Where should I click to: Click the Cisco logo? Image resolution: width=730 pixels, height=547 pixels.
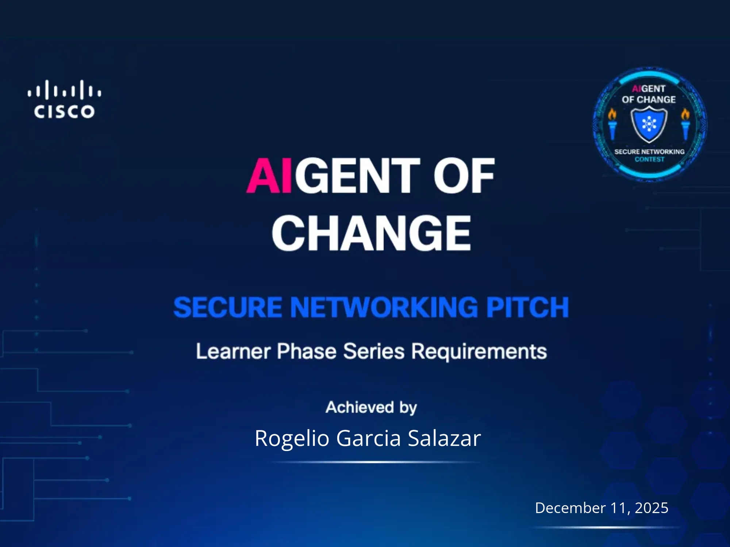(65, 99)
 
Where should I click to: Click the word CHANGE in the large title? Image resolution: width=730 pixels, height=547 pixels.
(371, 233)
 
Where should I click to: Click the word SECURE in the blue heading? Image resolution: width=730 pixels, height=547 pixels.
(228, 307)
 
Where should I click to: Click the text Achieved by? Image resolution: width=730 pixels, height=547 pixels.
(371, 407)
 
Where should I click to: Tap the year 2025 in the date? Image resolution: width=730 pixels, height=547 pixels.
(652, 508)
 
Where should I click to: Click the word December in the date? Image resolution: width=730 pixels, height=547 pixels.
(570, 508)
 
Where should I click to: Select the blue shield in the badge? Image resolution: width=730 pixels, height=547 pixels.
(649, 125)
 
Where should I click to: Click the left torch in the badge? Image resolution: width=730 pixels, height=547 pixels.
(612, 124)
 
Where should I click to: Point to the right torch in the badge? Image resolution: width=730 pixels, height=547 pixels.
(685, 124)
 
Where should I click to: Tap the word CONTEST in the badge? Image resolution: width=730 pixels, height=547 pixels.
(649, 159)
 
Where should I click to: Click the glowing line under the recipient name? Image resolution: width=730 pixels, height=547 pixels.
(375, 462)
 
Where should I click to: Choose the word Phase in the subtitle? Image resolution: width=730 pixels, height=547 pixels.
(307, 351)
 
